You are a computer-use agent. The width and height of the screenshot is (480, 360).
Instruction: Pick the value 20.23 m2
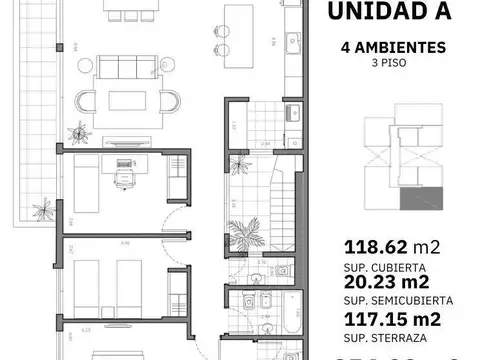coord(391,284)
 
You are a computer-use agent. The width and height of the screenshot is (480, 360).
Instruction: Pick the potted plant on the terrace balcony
coord(41,211)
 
